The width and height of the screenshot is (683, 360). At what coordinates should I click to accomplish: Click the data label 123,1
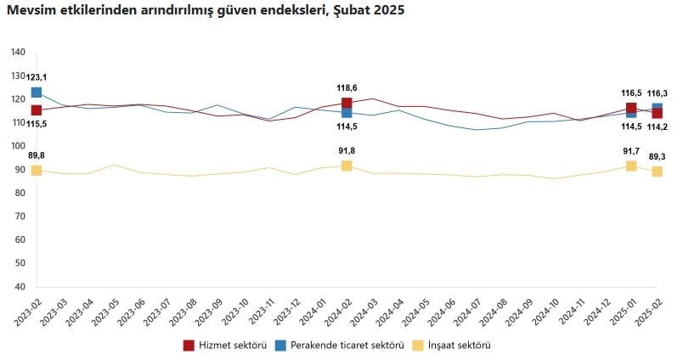pyautogui.click(x=37, y=77)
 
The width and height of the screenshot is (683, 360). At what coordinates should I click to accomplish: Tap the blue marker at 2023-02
pyautogui.click(x=37, y=92)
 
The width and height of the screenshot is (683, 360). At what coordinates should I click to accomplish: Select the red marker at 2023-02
pyautogui.click(x=37, y=110)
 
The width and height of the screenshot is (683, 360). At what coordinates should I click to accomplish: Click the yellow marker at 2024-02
pyautogui.click(x=347, y=166)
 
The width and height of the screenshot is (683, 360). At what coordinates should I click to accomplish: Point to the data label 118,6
pyautogui.click(x=347, y=87)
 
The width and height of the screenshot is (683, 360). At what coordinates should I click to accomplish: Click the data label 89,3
pyautogui.click(x=658, y=156)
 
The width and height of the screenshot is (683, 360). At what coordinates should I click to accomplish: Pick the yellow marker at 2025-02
pyautogui.click(x=658, y=172)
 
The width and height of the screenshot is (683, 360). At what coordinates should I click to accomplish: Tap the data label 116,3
pyautogui.click(x=658, y=93)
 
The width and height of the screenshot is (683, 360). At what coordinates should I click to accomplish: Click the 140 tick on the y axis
pyautogui.click(x=19, y=53)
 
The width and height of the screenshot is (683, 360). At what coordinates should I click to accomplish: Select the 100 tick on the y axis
pyautogui.click(x=19, y=146)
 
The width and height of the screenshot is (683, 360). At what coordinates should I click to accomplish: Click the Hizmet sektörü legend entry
pyautogui.click(x=224, y=346)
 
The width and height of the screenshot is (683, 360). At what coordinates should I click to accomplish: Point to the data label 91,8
pyautogui.click(x=347, y=150)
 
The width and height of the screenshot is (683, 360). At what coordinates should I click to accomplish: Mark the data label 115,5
pyautogui.click(x=37, y=125)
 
